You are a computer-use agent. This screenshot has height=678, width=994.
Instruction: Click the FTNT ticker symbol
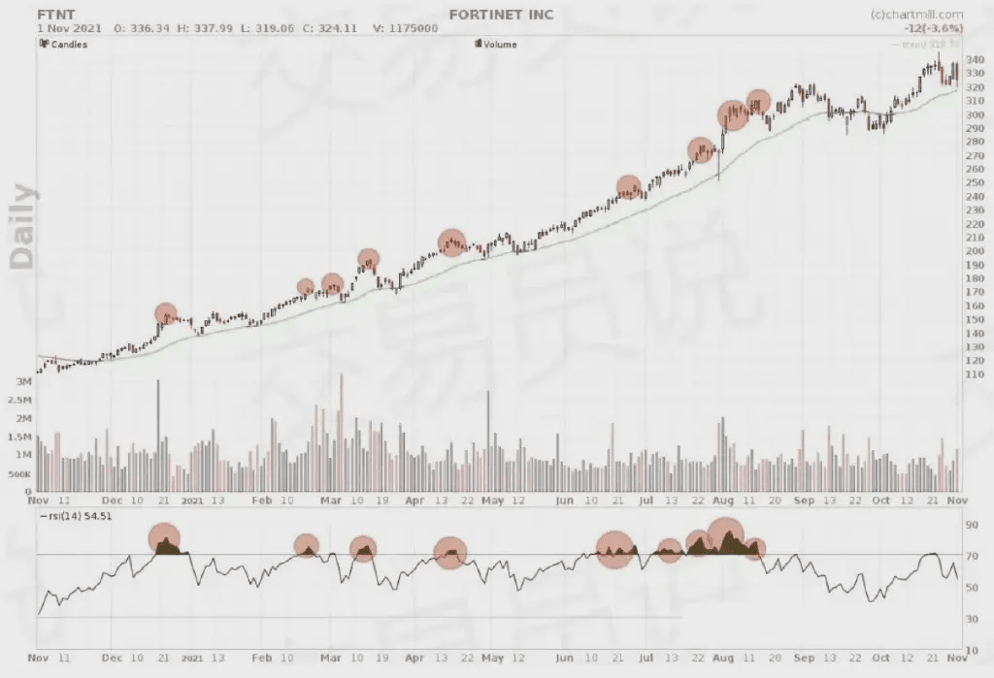55,15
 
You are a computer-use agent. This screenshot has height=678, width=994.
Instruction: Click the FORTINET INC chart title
501,15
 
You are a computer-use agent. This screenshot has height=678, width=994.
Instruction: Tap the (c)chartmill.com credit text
916,15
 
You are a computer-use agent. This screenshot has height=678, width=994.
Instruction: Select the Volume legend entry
499,45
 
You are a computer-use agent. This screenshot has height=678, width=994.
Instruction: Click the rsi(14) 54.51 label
76,516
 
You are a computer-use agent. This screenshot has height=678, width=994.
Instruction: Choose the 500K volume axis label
20,473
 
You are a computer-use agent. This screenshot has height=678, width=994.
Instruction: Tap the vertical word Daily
23,226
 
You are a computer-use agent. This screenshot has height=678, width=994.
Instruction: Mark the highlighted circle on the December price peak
166,314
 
